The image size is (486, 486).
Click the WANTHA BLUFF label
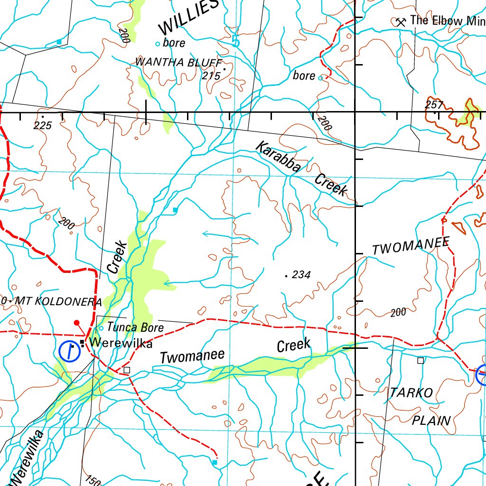178,62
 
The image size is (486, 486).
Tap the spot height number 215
211,76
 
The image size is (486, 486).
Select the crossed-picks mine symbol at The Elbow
401,21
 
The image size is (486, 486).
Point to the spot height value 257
434,104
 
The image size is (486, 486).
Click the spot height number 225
42,125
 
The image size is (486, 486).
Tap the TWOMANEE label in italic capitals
411,246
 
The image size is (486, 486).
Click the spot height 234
301,274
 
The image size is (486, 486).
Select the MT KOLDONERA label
58,301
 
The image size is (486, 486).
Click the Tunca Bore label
135,327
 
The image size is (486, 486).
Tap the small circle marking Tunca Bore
101,328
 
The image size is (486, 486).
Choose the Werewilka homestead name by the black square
121,343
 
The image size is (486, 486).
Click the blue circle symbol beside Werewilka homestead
70,351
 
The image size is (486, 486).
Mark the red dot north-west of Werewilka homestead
76,323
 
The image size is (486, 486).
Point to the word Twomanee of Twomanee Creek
192,356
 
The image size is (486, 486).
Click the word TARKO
411,393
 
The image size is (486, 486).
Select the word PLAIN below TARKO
431,420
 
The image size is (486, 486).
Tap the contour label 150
93,480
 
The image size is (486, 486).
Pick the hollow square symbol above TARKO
421,361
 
